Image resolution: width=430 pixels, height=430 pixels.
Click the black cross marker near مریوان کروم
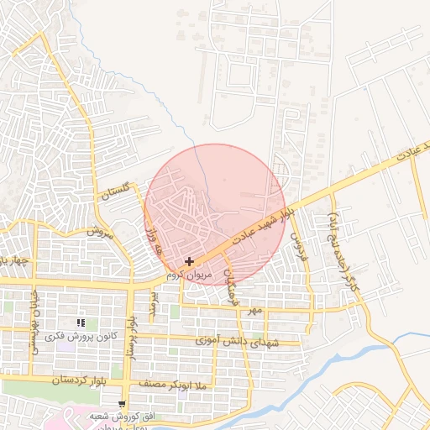tap(190, 263)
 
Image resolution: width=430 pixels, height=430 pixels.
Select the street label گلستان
tap(117, 192)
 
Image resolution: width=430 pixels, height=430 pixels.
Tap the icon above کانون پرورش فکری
tap(81, 322)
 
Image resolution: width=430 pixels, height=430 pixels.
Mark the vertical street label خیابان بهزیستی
tap(36, 323)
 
